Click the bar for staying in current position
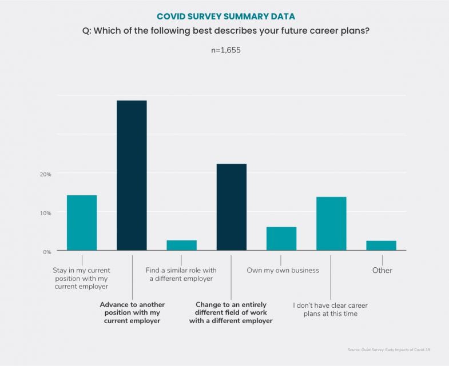tap(82, 223)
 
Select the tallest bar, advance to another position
tap(132, 175)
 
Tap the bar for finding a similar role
tap(181, 245)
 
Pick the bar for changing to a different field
tap(232, 207)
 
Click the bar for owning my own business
tap(281, 239)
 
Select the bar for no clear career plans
tap(331, 223)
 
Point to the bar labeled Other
tap(381, 246)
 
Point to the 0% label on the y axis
tap(46, 251)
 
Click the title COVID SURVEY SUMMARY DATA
tap(224, 16)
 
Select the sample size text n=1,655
tap(224, 50)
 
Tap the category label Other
tap(382, 270)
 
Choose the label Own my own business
tap(283, 270)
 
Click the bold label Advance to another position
tap(132, 313)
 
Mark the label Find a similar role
tap(181, 275)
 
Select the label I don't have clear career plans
tap(331, 309)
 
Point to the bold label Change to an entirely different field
tap(231, 313)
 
